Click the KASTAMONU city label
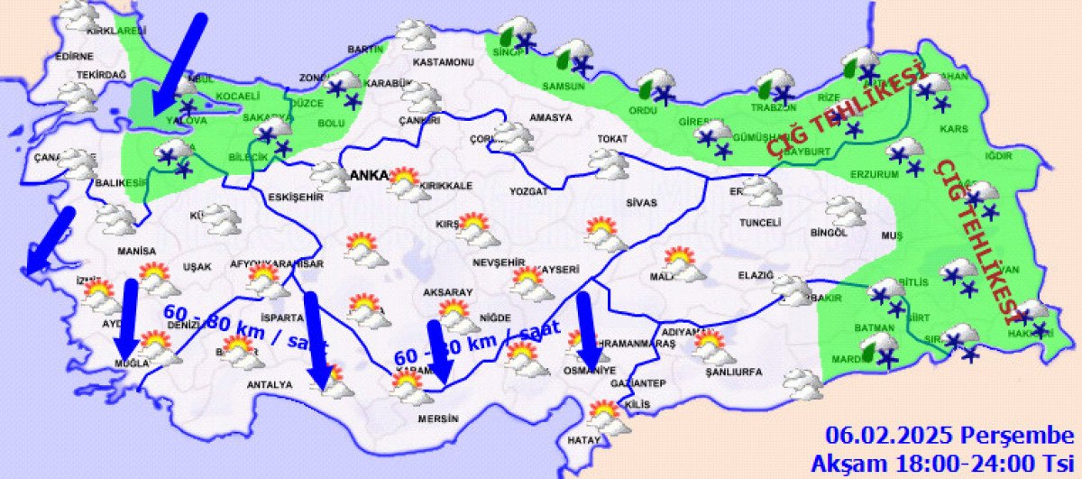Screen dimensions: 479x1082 [x=443, y=62]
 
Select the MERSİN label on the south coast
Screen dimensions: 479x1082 [x=438, y=419]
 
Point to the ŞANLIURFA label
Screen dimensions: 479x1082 [x=734, y=372]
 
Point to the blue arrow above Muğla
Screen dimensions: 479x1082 [x=128, y=318]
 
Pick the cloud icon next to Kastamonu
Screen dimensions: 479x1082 [x=417, y=34]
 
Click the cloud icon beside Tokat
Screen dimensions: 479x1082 [x=609, y=163]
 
